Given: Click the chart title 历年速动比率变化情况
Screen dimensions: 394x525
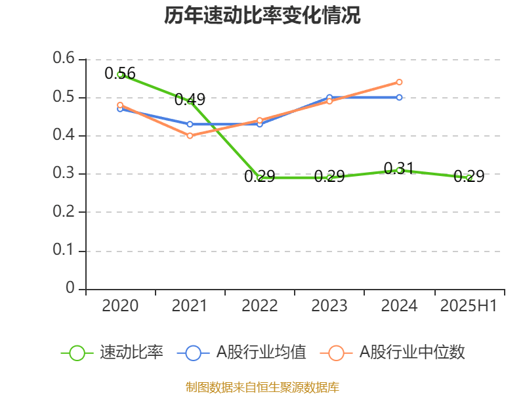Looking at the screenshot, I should (262, 16).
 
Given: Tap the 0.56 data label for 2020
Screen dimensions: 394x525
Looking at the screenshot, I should (120, 73).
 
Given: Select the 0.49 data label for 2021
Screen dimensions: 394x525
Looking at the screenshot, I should (190, 100).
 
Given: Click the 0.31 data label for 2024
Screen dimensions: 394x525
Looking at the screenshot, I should (399, 168).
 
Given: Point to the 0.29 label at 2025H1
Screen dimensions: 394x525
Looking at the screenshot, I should (469, 176).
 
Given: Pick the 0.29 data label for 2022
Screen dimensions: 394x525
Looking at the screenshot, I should (259, 176).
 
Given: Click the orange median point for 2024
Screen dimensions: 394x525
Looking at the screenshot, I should (399, 82).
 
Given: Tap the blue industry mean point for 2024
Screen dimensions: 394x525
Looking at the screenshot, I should (399, 97).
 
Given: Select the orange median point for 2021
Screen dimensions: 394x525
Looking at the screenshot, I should (190, 136).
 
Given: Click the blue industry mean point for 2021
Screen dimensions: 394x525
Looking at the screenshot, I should (190, 124).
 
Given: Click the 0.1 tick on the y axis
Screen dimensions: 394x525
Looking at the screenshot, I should (64, 250).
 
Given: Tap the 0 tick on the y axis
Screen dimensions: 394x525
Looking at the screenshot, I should (70, 288).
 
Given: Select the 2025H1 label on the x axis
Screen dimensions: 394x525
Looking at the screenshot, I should (469, 306).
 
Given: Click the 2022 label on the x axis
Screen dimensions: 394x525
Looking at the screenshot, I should (259, 306).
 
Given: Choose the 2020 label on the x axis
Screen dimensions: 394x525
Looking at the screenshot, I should (120, 306).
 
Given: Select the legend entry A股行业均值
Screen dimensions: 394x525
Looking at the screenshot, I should (243, 353).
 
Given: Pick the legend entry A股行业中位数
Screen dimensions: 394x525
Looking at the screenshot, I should (394, 353).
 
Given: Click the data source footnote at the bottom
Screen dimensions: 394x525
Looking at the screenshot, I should (262, 387).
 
